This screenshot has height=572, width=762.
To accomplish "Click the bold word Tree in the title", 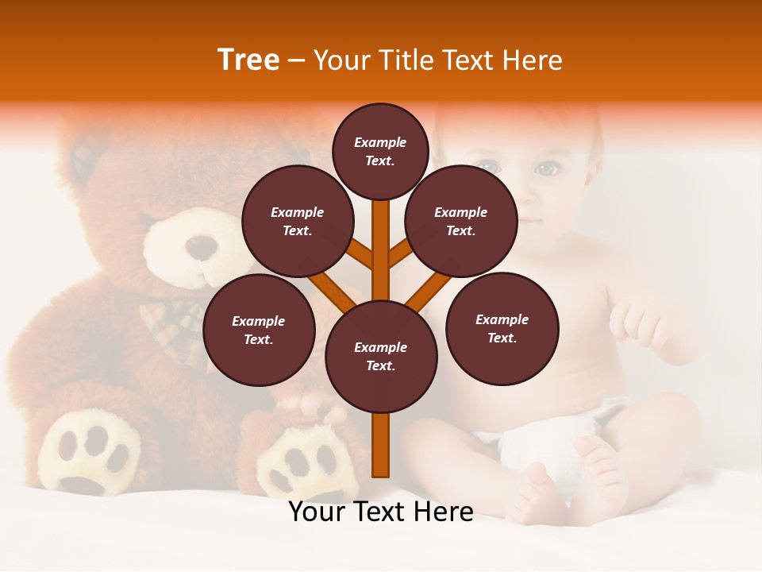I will (248, 60).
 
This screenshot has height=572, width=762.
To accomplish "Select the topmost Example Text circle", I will (380, 151).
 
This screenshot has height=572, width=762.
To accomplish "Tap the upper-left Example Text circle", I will (298, 221).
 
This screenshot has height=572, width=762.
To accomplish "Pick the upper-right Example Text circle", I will (461, 221).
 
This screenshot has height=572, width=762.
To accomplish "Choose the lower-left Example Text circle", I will (259, 330).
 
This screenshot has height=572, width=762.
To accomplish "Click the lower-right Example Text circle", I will (502, 328).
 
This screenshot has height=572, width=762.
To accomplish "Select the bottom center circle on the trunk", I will (381, 356).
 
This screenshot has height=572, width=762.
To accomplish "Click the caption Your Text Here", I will (381, 512).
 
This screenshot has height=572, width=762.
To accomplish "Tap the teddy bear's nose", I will (202, 248).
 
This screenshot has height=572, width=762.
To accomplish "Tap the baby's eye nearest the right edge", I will (546, 169).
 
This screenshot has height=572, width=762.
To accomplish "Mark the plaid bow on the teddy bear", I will (179, 318).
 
